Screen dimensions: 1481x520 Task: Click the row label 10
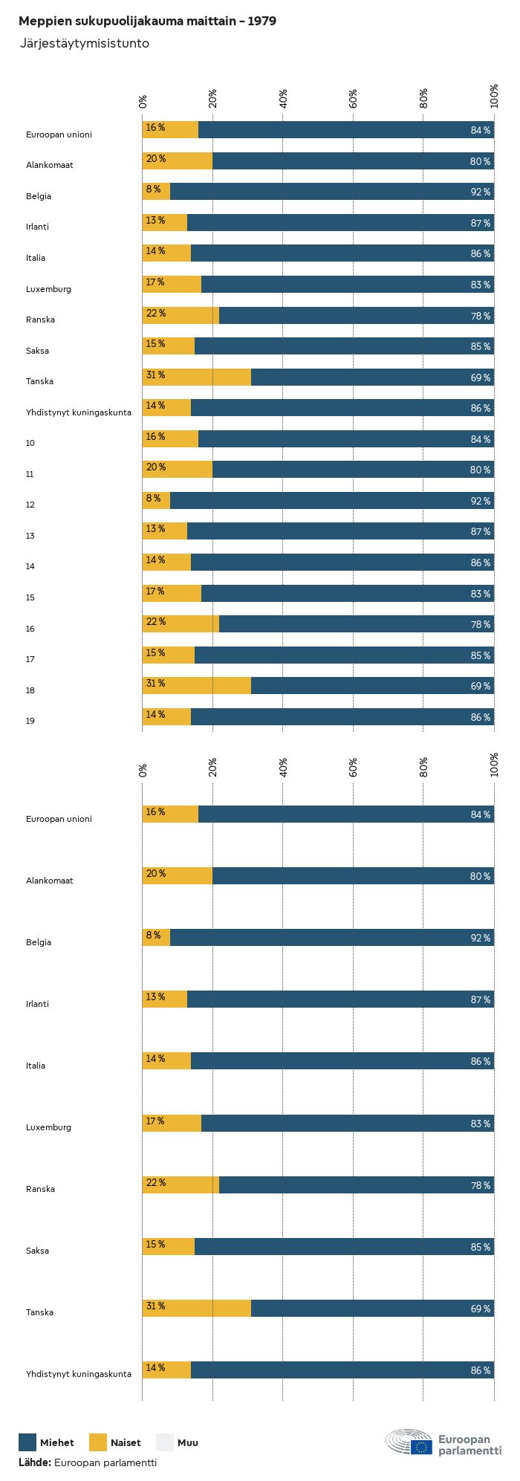pyautogui.click(x=30, y=443)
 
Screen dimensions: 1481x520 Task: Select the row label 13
pyautogui.click(x=30, y=536)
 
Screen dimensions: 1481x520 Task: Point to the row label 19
pyautogui.click(x=30, y=721)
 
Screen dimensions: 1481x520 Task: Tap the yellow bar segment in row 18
pyautogui.click(x=197, y=685)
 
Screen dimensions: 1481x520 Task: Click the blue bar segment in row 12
pyautogui.click(x=332, y=500)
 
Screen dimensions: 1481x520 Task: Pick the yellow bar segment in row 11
pyautogui.click(x=178, y=469)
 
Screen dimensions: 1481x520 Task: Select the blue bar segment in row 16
pyautogui.click(x=357, y=623)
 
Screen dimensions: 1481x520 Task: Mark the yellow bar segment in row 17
pyautogui.click(x=169, y=655)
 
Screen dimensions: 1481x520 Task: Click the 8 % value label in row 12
pyautogui.click(x=153, y=499)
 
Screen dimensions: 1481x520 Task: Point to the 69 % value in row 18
pyautogui.click(x=480, y=687)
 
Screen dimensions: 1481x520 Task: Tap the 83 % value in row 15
pyautogui.click(x=480, y=594)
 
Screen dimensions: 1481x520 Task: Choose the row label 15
pyautogui.click(x=30, y=597)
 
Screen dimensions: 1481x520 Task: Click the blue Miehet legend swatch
pyautogui.click(x=27, y=1442)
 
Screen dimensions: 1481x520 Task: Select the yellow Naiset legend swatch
pyautogui.click(x=98, y=1442)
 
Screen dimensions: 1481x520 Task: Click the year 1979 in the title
pyautogui.click(x=262, y=22)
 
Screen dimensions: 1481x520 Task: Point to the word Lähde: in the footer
pyautogui.click(x=35, y=1462)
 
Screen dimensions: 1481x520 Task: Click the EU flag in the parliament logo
pyautogui.click(x=421, y=1447)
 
